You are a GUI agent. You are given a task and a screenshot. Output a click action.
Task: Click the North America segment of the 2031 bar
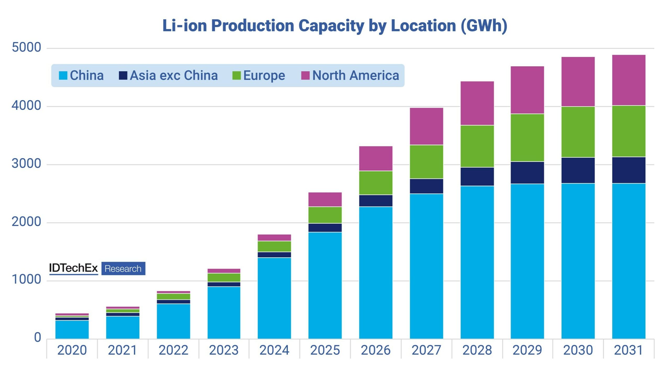pos(629,80)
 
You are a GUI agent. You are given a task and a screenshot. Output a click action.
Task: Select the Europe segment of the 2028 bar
pos(477,146)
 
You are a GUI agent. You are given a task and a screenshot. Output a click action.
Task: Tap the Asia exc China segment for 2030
pos(578,170)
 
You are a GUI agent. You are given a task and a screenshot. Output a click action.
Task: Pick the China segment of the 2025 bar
pos(325,285)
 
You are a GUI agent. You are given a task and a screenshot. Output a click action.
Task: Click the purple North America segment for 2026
pos(376,158)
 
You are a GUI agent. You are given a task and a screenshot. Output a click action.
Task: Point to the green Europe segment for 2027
pos(426,162)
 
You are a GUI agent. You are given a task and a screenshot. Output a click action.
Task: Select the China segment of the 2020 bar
pos(72,329)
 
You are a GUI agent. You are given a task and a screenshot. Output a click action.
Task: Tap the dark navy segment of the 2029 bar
pos(527,173)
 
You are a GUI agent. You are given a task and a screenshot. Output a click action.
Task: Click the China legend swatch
pos(63,75)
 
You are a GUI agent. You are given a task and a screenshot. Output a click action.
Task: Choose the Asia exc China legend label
pos(174,75)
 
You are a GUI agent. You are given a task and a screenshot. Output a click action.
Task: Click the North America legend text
pos(355,75)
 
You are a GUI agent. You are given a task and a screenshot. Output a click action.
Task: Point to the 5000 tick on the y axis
pos(26,47)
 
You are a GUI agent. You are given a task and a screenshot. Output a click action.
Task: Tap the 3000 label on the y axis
pos(26,164)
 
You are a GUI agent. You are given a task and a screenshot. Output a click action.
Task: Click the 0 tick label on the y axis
pos(38,337)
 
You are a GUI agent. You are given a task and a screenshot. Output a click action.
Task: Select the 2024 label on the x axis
pos(274,350)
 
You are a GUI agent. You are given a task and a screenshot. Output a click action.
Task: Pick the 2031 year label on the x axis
pos(628,350)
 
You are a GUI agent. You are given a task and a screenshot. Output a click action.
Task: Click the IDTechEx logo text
pos(73,268)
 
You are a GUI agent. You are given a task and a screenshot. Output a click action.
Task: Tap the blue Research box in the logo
pos(123,269)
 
